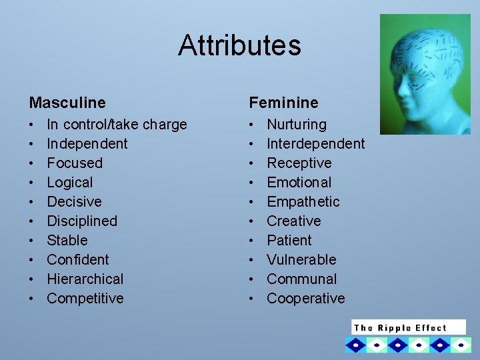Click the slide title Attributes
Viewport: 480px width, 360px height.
click(x=239, y=45)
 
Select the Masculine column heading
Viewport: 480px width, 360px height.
click(x=67, y=103)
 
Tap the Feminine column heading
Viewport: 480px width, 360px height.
click(x=283, y=103)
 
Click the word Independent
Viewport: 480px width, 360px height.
click(x=87, y=143)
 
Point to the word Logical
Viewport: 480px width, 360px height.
click(x=69, y=182)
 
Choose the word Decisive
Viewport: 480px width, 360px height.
click(x=74, y=201)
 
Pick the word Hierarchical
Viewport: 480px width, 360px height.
click(x=85, y=279)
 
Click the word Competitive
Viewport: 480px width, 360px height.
click(x=85, y=298)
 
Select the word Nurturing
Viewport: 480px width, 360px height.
click(x=297, y=124)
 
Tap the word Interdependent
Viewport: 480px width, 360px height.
click(x=315, y=143)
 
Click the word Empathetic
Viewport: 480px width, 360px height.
click(x=303, y=201)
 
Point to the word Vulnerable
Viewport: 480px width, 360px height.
click(x=301, y=259)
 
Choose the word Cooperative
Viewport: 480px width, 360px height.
click(x=305, y=298)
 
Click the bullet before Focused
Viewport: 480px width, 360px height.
click(x=32, y=163)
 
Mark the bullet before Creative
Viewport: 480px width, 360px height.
click(x=252, y=221)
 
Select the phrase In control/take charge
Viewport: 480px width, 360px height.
click(x=117, y=124)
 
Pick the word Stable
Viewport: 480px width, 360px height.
click(x=67, y=240)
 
